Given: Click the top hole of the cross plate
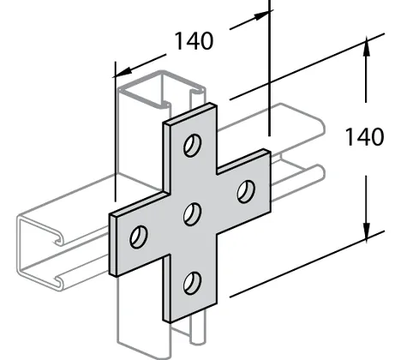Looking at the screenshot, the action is click(192, 145).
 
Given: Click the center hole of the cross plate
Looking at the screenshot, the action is click(192, 214).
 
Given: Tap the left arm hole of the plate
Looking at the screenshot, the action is click(139, 237).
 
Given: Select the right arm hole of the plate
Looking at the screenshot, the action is click(246, 191).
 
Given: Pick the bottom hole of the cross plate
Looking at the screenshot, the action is click(192, 283).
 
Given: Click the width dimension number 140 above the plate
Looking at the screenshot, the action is click(194, 41).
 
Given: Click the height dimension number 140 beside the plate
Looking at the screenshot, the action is click(364, 137).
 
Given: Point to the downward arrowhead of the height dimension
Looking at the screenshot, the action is click(366, 231).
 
